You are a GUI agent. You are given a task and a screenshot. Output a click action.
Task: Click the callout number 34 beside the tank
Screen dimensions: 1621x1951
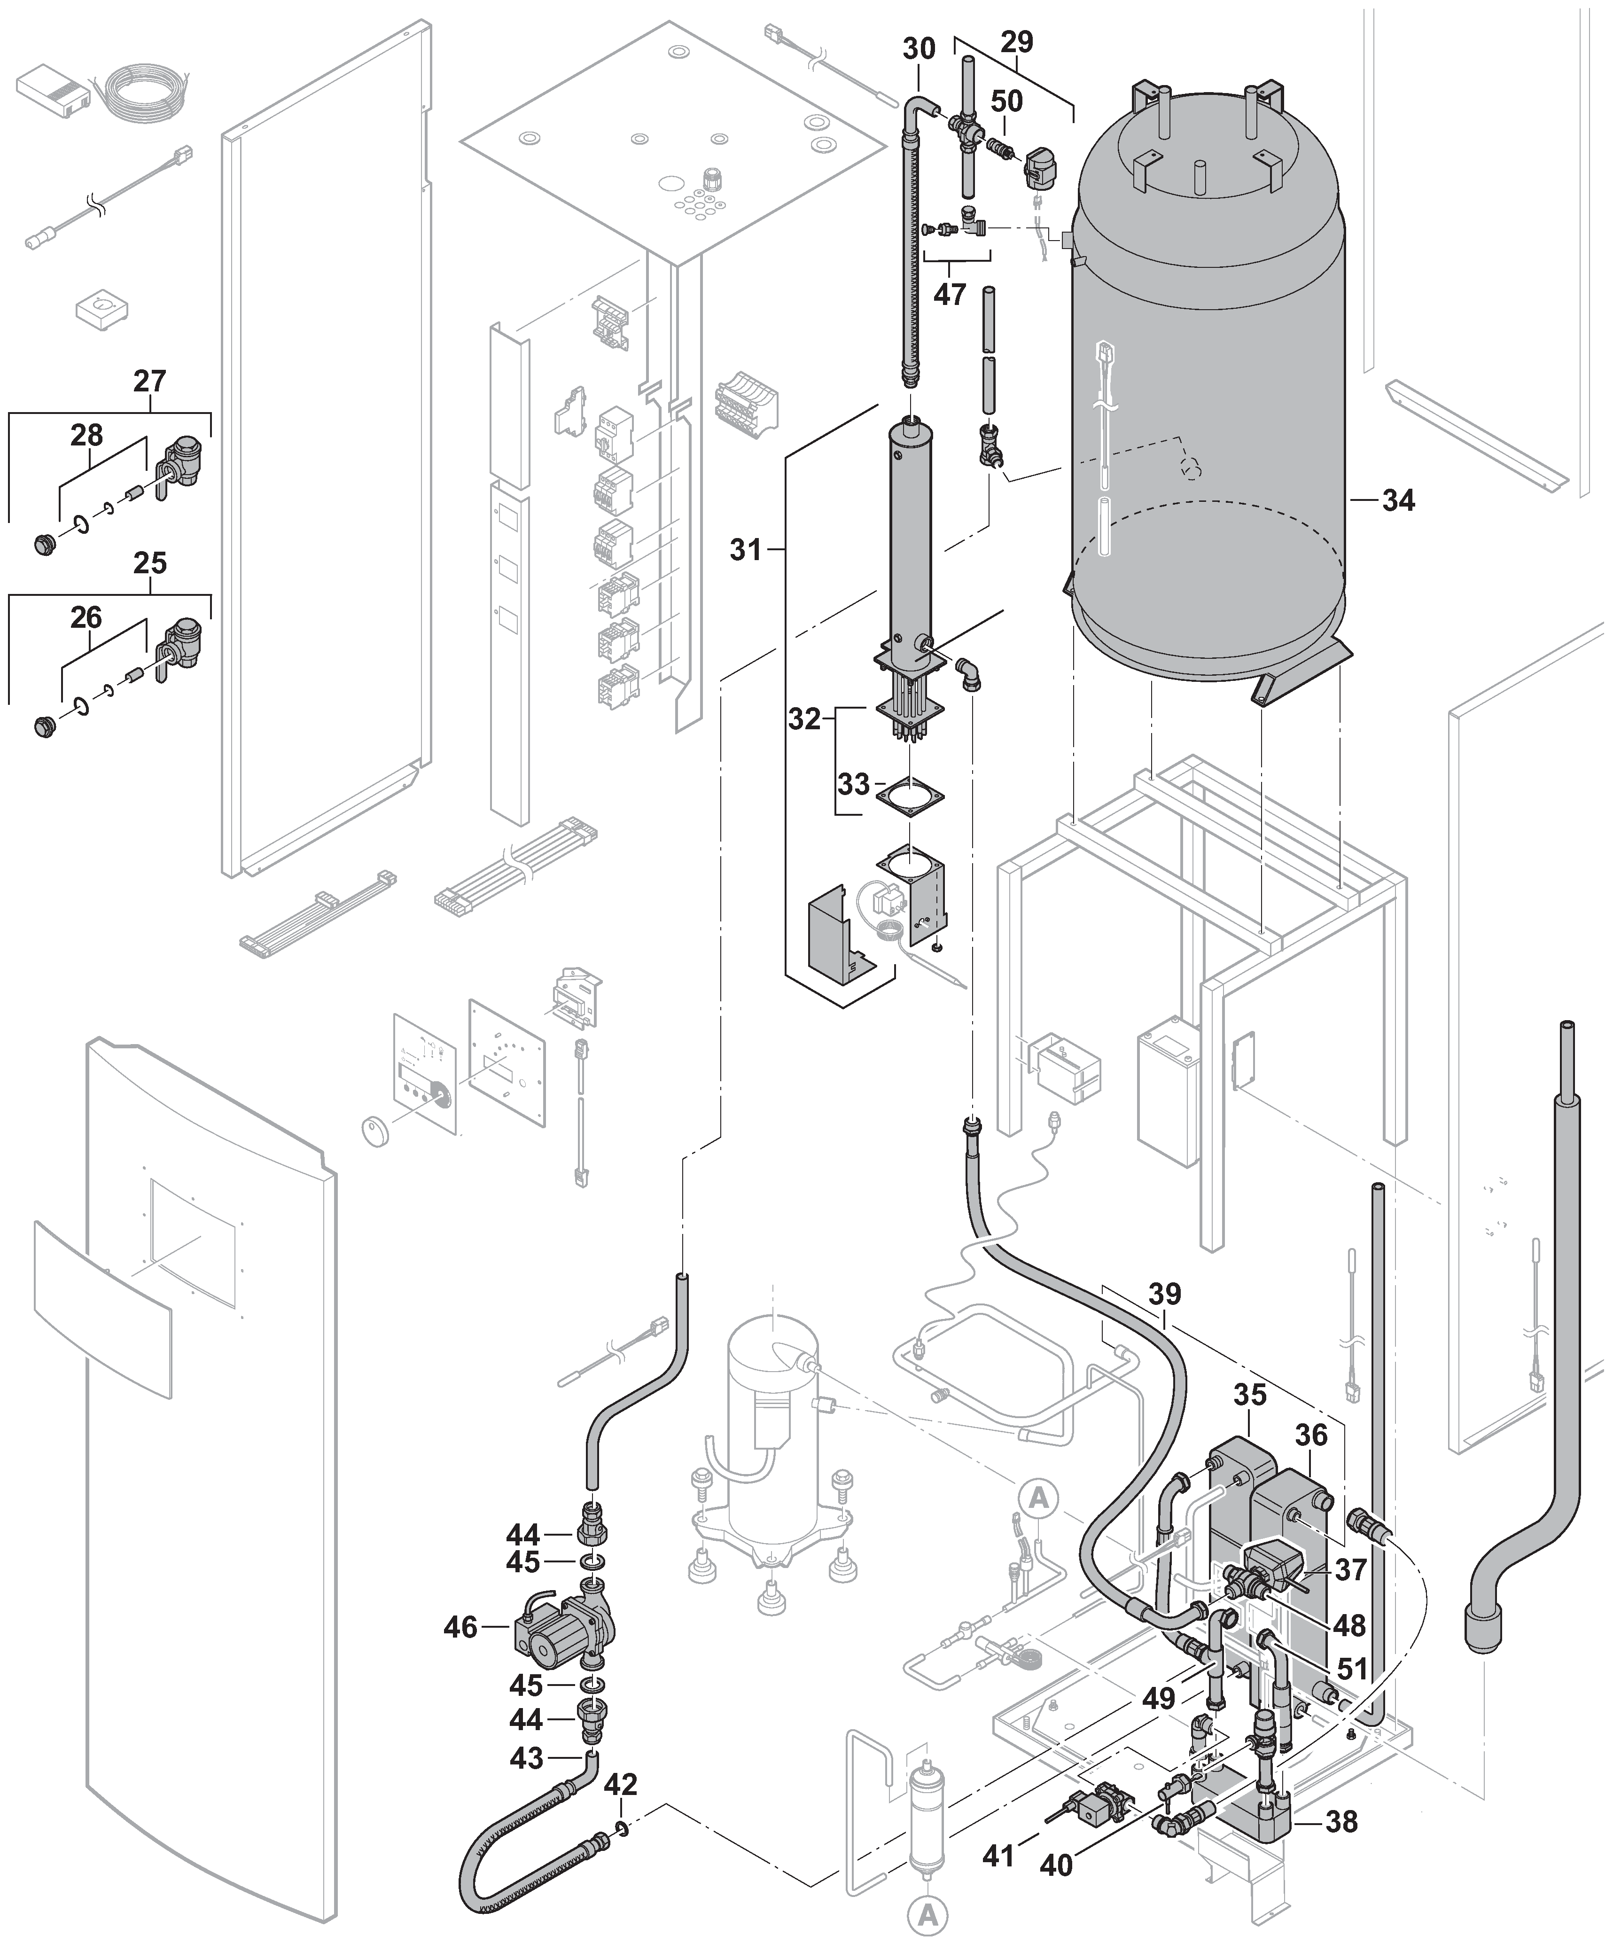[x=1398, y=501]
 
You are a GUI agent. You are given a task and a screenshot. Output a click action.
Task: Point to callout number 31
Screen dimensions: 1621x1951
[x=745, y=550]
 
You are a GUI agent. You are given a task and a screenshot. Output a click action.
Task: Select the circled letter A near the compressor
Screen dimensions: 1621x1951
[x=1038, y=1498]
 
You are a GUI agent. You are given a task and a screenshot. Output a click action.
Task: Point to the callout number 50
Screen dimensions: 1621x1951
[x=1006, y=101]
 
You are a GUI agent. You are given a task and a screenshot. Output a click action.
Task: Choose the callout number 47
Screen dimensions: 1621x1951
[x=950, y=295]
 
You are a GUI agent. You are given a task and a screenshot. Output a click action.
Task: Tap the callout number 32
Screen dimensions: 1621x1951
[x=804, y=719]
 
